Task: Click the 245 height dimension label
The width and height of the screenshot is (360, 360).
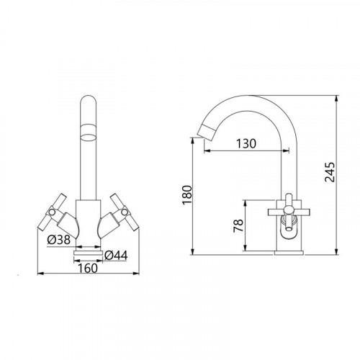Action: (x=329, y=172)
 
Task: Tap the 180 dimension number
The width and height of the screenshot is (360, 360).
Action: (x=187, y=194)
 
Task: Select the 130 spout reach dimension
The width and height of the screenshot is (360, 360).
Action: (x=246, y=143)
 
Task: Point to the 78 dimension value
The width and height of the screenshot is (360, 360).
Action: (x=238, y=225)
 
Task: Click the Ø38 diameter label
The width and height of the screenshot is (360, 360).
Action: (x=59, y=240)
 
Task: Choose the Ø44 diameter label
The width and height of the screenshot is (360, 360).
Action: (x=116, y=256)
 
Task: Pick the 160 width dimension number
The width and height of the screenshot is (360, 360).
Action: (x=88, y=268)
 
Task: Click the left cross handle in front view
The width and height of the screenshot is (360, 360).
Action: (x=52, y=212)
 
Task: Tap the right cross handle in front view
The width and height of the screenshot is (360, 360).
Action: (x=125, y=212)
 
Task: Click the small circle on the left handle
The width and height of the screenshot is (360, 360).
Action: (x=52, y=212)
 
